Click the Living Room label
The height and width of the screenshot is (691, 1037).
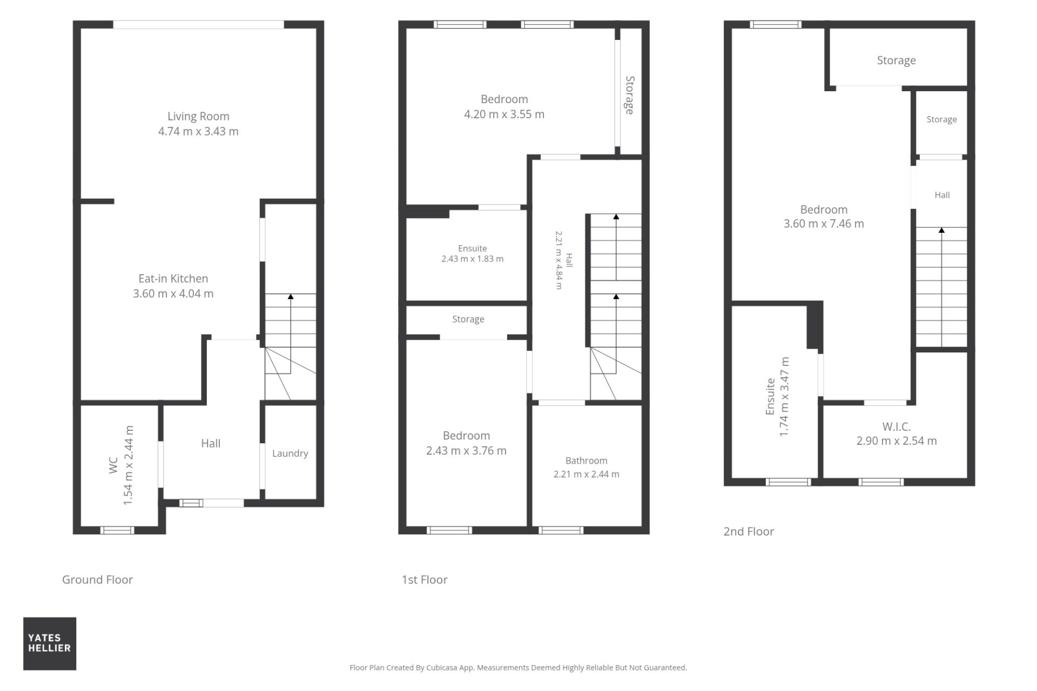(x=198, y=116)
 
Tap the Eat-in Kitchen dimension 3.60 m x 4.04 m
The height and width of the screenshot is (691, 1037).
(x=173, y=294)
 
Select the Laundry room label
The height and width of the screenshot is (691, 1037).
(x=290, y=453)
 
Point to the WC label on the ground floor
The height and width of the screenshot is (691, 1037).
(x=113, y=465)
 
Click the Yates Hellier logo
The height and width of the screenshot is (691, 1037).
(x=50, y=643)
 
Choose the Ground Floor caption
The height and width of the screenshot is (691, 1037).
(x=97, y=579)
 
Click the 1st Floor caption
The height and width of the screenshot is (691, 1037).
(x=425, y=579)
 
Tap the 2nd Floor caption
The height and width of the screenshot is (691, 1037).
(x=749, y=531)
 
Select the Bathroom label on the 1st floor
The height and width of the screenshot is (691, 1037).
(x=587, y=460)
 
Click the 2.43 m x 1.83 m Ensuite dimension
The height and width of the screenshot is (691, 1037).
(x=473, y=259)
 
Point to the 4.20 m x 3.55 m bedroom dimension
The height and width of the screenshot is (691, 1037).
(x=504, y=114)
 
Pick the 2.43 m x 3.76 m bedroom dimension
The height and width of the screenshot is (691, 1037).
(x=467, y=451)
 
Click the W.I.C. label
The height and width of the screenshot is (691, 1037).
(x=897, y=426)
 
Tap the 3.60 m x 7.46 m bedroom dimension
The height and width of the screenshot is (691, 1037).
(x=824, y=223)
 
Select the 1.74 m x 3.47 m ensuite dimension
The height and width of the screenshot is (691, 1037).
(x=785, y=397)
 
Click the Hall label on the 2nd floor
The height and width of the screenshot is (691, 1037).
(x=942, y=195)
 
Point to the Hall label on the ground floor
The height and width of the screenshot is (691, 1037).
(x=211, y=443)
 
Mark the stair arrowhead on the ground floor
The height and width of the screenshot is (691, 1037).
(x=291, y=296)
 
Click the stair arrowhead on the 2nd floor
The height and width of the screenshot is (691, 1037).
(x=941, y=231)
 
